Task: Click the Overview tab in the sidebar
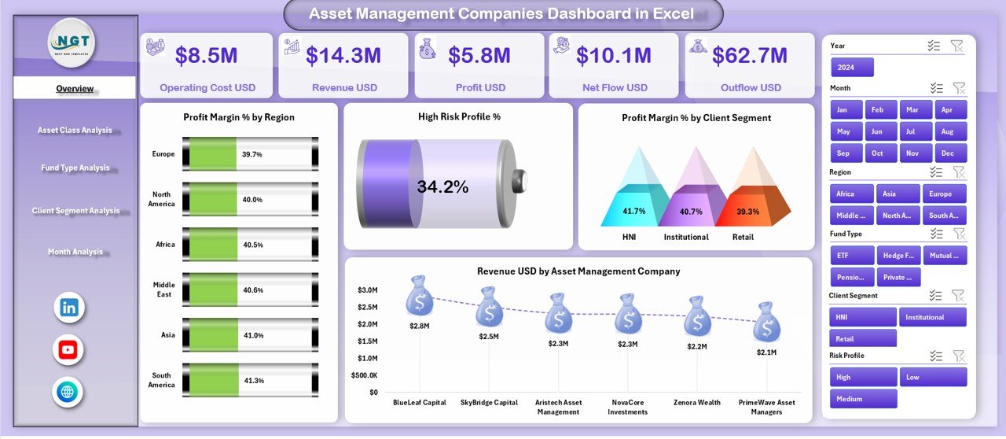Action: click(x=75, y=88)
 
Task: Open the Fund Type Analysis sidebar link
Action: click(x=75, y=168)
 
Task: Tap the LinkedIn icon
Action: click(x=68, y=308)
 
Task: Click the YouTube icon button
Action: click(x=68, y=350)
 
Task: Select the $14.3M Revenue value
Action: click(x=343, y=55)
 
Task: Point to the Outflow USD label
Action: click(x=751, y=87)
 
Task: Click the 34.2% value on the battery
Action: click(x=442, y=186)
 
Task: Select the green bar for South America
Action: click(x=210, y=380)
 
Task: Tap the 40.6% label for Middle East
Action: click(x=253, y=290)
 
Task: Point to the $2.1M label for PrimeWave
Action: click(x=766, y=352)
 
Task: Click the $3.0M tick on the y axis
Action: click(x=367, y=290)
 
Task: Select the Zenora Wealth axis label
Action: click(x=697, y=403)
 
